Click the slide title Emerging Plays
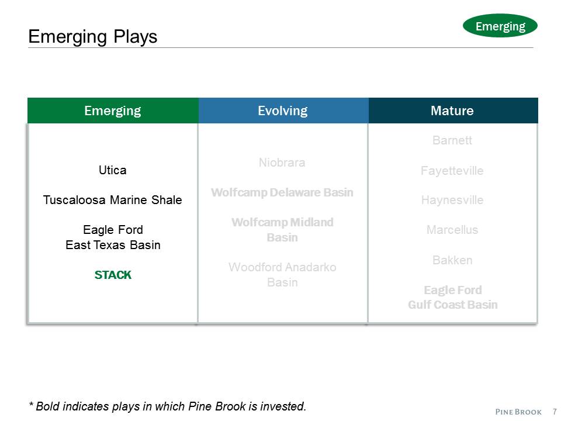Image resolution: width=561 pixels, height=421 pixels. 93,37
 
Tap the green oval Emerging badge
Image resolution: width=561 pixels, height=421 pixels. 500,26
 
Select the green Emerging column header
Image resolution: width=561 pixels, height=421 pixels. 113,111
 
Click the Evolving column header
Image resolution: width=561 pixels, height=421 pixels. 283,111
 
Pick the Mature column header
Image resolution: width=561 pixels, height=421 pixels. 452,111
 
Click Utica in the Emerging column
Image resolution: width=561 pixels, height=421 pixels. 113,170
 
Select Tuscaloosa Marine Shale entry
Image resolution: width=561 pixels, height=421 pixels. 113,200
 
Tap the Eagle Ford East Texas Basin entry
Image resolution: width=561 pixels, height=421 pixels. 113,237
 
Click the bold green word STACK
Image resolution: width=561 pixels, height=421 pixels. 113,275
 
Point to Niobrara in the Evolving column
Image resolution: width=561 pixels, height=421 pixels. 282,163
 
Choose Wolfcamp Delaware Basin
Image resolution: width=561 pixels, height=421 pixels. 282,192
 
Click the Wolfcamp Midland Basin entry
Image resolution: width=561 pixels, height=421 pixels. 282,230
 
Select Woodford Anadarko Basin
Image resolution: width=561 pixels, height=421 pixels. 282,275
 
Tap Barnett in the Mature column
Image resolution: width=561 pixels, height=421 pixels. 452,140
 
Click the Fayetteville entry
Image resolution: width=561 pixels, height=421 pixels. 452,171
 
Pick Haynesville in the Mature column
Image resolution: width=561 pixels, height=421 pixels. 452,200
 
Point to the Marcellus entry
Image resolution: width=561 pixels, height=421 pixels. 452,230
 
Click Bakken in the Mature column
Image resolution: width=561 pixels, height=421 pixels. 452,260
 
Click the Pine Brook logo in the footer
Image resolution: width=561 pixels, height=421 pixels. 519,412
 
